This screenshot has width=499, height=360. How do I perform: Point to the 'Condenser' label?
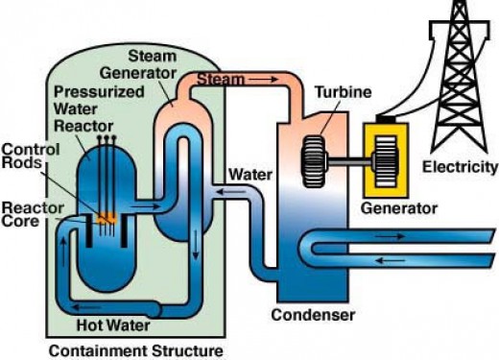pyautogui.click(x=311, y=314)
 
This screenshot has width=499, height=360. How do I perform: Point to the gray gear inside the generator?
pyautogui.click(x=391, y=156)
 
